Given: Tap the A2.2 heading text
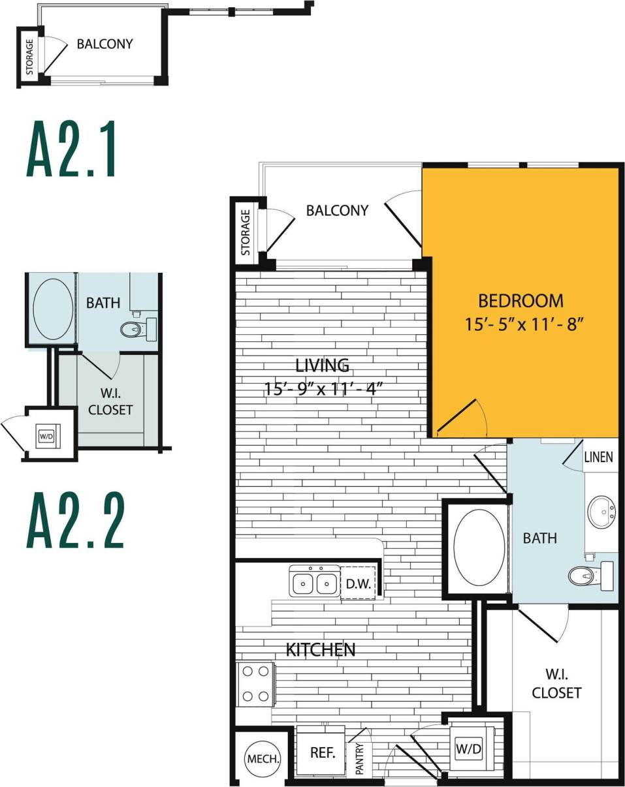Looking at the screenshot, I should pyautogui.click(x=76, y=521).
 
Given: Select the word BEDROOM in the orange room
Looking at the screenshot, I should pyautogui.click(x=521, y=301).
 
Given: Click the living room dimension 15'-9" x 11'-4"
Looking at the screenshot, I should pyautogui.click(x=323, y=389).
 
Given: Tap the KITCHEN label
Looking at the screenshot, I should pyautogui.click(x=321, y=649).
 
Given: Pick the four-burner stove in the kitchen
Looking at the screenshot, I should pyautogui.click(x=255, y=683).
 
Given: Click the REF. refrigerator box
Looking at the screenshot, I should pyautogui.click(x=323, y=752).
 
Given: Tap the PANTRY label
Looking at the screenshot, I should pyautogui.click(x=359, y=760).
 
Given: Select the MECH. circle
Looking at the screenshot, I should pyautogui.click(x=263, y=759).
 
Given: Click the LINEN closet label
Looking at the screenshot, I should pyautogui.click(x=599, y=457).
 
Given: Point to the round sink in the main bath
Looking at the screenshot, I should pyautogui.click(x=601, y=512).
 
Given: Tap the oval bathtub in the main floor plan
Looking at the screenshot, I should pyautogui.click(x=479, y=547).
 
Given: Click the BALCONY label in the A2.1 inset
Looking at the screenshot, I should pyautogui.click(x=104, y=44).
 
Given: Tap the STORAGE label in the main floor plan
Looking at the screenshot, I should pyautogui.click(x=246, y=232).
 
